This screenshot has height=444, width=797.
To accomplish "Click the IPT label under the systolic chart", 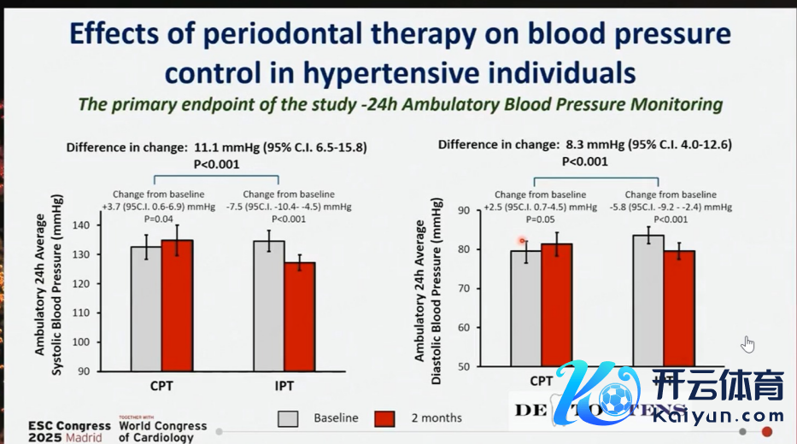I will click(x=284, y=386).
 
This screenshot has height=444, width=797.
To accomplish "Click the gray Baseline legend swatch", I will click(x=288, y=418).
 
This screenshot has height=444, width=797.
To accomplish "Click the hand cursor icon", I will click(x=748, y=344).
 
